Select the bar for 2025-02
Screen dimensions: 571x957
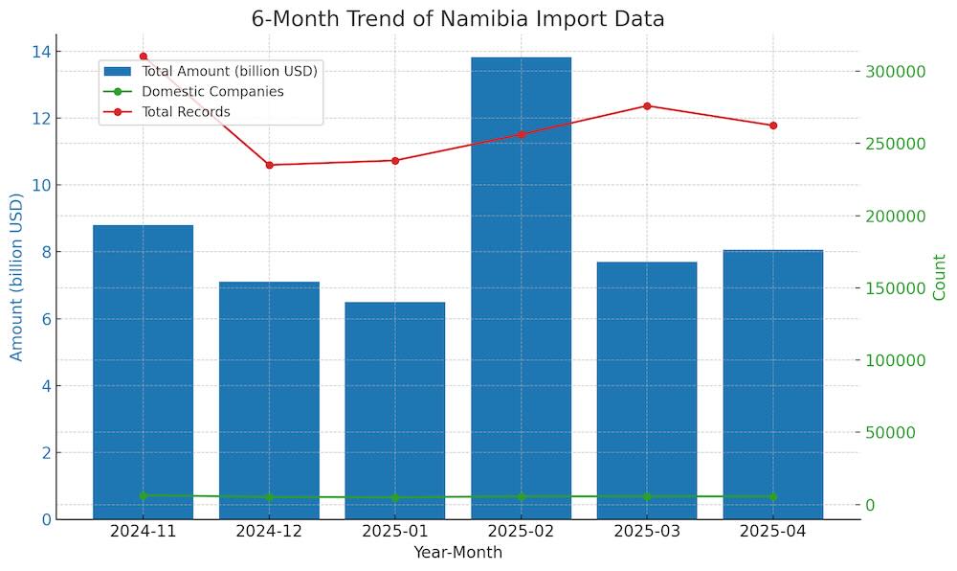coord(521,287)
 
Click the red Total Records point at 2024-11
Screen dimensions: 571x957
coord(144,57)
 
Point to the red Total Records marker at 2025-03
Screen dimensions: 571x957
coord(647,106)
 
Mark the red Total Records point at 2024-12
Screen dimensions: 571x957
coord(269,165)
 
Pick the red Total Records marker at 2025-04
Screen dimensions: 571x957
coord(773,126)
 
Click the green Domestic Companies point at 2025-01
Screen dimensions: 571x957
coord(394,497)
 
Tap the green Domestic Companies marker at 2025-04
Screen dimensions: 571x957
coord(773,496)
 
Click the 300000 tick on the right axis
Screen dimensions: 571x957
coord(897,72)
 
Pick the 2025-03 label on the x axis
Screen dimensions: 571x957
coord(647,531)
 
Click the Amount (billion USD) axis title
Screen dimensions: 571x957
coord(16,277)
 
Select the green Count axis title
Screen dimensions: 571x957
coord(939,277)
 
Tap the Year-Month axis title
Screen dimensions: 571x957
coord(457,553)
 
